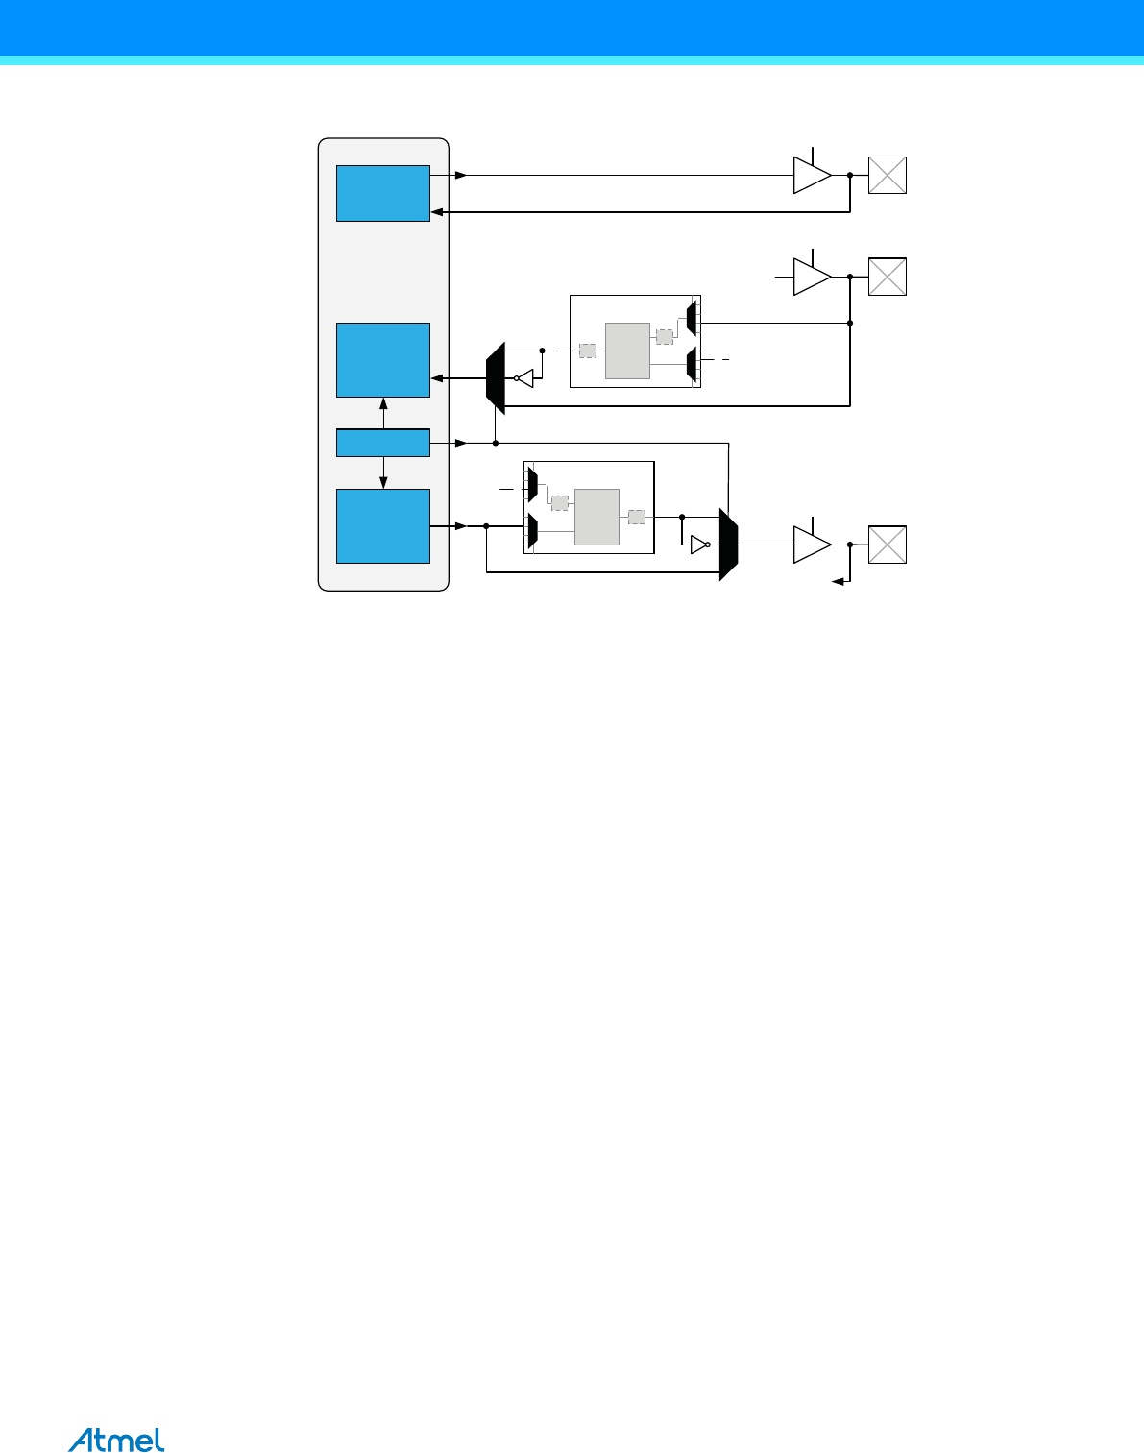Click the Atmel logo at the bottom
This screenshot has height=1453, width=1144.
pos(116,1441)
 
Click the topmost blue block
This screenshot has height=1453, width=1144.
pos(382,193)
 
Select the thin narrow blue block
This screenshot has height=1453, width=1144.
pos(382,443)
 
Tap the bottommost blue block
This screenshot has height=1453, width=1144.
pos(382,526)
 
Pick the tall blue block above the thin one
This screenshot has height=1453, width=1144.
pos(382,360)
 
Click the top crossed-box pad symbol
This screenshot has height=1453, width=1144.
pos(887,175)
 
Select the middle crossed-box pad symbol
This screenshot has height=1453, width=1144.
pos(887,277)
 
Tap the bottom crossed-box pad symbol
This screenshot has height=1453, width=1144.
pos(887,545)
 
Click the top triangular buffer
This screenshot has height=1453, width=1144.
pos(810,175)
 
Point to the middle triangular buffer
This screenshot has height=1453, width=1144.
pos(810,277)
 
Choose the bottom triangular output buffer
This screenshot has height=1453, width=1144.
pos(810,545)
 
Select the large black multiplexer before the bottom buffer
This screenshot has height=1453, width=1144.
pos(728,545)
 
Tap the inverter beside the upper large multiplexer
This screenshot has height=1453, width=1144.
pos(523,378)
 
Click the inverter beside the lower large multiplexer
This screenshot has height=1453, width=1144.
pos(699,545)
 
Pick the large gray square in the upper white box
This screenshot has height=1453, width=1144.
pos(627,351)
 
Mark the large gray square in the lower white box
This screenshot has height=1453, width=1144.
pos(596,517)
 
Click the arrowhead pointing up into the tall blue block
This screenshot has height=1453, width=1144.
pos(383,402)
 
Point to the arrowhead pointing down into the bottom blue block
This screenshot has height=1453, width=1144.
pos(383,484)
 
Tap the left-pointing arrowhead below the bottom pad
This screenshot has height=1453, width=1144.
pos(837,581)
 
